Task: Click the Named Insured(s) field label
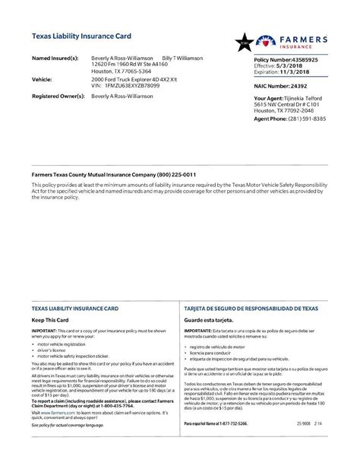point(55,58)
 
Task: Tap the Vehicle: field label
point(42,79)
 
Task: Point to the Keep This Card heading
point(51,300)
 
